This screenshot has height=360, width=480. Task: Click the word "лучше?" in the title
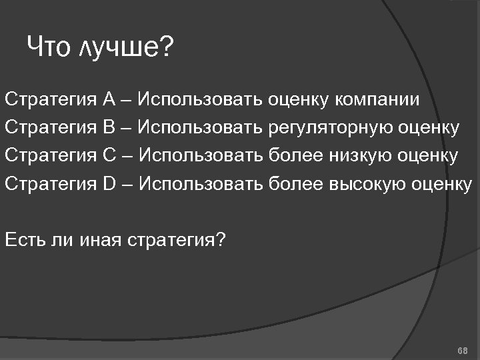126,47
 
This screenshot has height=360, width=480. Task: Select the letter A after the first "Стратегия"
109,100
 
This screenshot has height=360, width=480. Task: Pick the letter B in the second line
109,127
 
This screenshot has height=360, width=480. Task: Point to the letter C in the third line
110,155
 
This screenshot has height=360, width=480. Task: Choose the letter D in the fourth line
110,183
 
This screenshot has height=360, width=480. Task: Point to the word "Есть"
24,239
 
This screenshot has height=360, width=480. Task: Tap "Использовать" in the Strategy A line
201,100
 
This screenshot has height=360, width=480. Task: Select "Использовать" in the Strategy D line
201,183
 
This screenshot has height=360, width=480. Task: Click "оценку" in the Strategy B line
428,127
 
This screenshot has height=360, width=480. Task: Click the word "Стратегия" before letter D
51,183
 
